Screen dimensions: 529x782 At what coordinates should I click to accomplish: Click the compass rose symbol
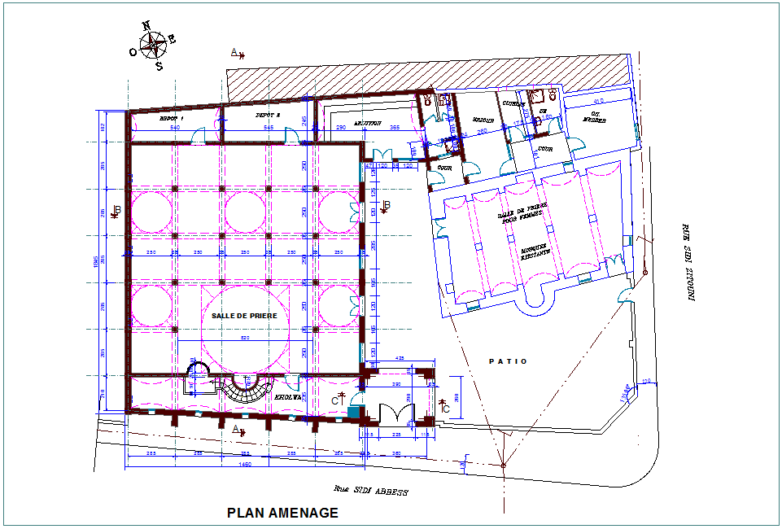tap(151, 44)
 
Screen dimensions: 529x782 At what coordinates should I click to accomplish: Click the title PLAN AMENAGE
tap(282, 513)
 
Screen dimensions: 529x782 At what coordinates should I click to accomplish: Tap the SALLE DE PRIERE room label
tap(244, 315)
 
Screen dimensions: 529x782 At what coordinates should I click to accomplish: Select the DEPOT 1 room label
tap(172, 118)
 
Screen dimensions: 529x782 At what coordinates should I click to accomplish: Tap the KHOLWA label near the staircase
tap(288, 397)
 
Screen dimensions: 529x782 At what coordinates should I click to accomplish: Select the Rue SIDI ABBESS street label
tap(369, 492)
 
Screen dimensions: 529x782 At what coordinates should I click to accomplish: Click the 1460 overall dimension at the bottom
tap(244, 465)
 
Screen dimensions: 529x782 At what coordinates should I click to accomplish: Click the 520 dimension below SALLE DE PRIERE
tap(244, 338)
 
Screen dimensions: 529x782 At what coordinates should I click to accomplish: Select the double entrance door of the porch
tap(393, 414)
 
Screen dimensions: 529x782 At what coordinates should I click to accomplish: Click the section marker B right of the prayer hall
tap(386, 204)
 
